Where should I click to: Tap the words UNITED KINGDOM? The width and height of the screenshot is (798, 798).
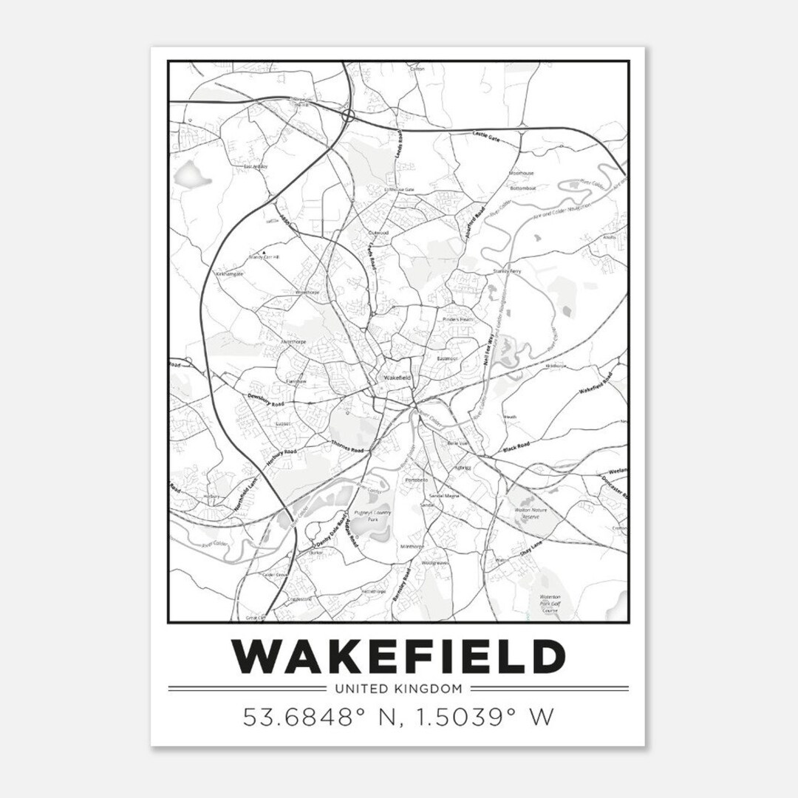(x=398, y=689)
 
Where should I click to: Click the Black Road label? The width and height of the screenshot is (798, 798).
(x=516, y=448)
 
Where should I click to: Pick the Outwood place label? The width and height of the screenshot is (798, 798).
(x=378, y=232)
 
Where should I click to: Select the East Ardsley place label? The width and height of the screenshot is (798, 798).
(x=255, y=167)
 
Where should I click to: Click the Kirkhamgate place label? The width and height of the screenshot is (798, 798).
(x=229, y=273)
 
